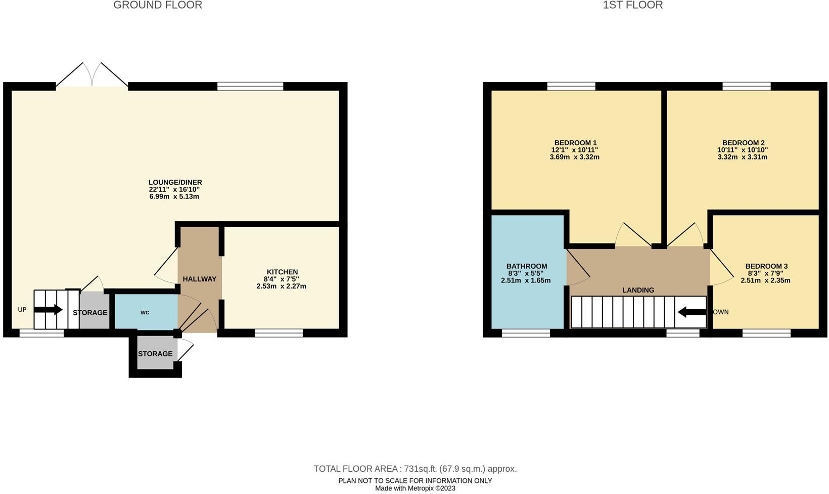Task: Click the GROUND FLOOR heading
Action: [x=158, y=6]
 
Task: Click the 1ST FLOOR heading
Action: [x=632, y=6]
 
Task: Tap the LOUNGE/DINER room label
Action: [x=175, y=182]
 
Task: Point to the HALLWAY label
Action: [x=199, y=279]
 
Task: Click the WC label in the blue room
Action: [x=145, y=313]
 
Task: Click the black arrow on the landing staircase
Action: [x=691, y=312]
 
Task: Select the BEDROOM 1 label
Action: [x=575, y=143]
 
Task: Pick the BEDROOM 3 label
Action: [x=766, y=266]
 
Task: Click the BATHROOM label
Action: [x=527, y=266]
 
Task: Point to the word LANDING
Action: [x=638, y=290]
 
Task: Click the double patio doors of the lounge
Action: [x=92, y=76]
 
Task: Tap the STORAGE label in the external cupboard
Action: [x=155, y=354]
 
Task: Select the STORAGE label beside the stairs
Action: [x=90, y=313]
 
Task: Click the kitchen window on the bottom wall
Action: [x=279, y=333]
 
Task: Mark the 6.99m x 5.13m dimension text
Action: [x=174, y=196]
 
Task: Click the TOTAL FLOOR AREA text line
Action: [x=415, y=469]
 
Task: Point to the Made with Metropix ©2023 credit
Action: [x=415, y=488]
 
